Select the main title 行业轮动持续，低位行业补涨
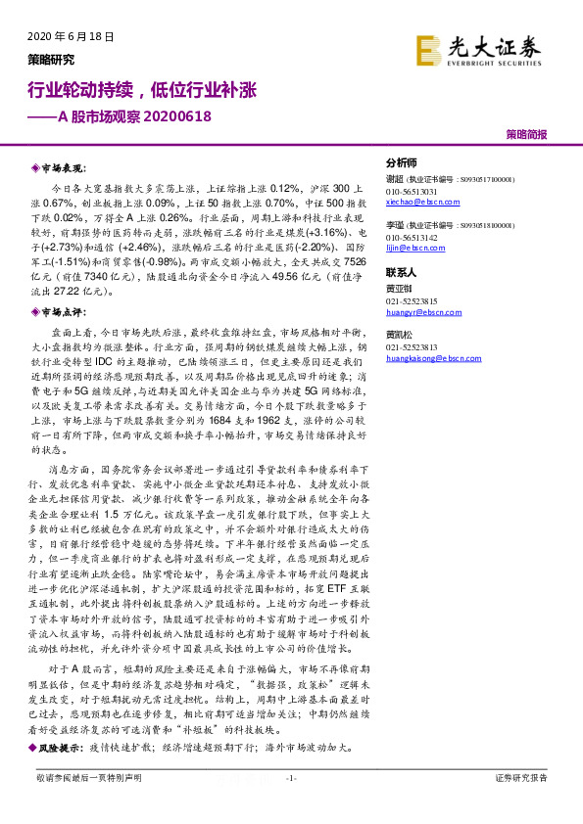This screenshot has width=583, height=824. [x=140, y=91]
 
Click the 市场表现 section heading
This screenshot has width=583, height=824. [x=63, y=168]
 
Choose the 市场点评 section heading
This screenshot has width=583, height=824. [x=63, y=312]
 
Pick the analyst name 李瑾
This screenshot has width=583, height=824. [x=395, y=226]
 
